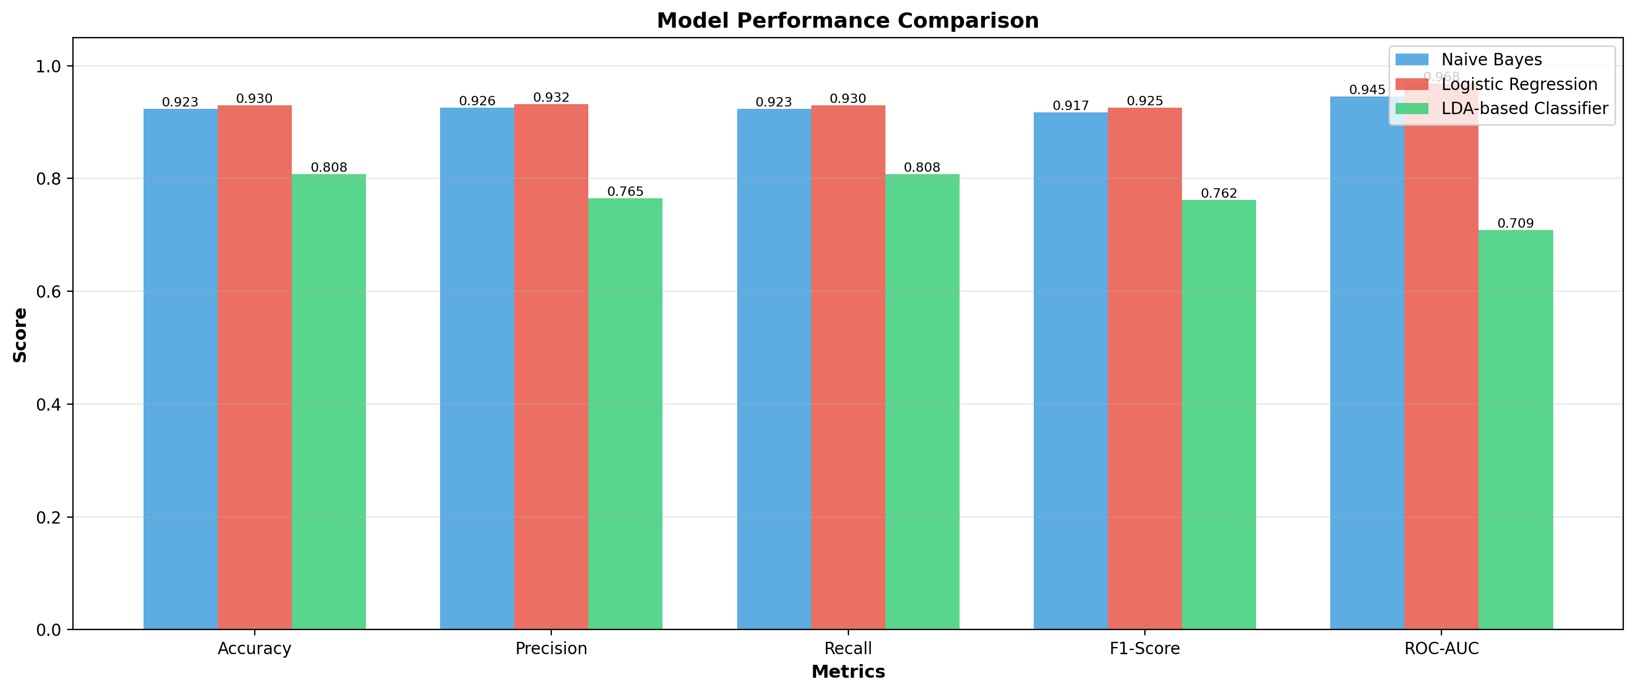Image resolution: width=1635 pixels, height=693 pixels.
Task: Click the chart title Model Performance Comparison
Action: pos(847,21)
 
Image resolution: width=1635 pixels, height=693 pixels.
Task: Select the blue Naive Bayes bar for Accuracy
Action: pos(180,369)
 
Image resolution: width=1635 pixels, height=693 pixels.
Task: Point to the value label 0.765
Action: pos(625,192)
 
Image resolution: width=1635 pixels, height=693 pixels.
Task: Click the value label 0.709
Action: pos(1516,224)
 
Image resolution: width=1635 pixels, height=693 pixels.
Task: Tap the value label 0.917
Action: pos(1071,106)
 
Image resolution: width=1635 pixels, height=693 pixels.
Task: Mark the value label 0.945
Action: pos(1367,90)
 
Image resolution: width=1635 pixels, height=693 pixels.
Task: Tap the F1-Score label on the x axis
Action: pos(1144,648)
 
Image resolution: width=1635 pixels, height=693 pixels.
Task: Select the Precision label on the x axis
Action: pos(551,648)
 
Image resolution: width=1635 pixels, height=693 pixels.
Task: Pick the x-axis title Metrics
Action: pos(848,672)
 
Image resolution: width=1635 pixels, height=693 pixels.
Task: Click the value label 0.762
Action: pos(1219,194)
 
